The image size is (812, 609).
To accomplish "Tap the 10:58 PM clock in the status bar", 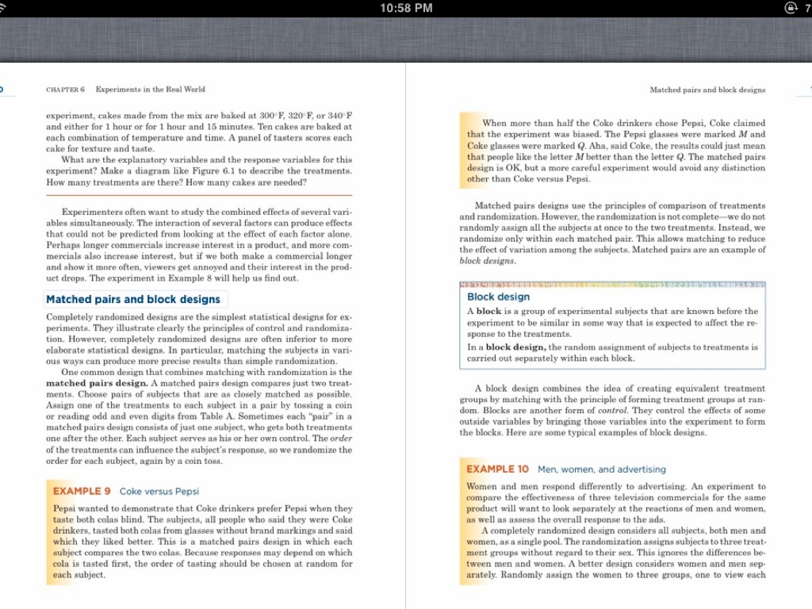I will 406,8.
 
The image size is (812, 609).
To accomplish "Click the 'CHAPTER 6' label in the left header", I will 66,90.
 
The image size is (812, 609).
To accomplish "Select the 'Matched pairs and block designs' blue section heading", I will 133,299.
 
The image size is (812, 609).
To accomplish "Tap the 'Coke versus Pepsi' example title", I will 159,491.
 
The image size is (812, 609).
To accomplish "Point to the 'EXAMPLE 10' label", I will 497,469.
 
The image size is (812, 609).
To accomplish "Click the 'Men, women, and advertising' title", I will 602,469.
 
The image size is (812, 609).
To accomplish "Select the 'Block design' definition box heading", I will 498,297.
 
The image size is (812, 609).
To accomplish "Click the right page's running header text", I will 707,90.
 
